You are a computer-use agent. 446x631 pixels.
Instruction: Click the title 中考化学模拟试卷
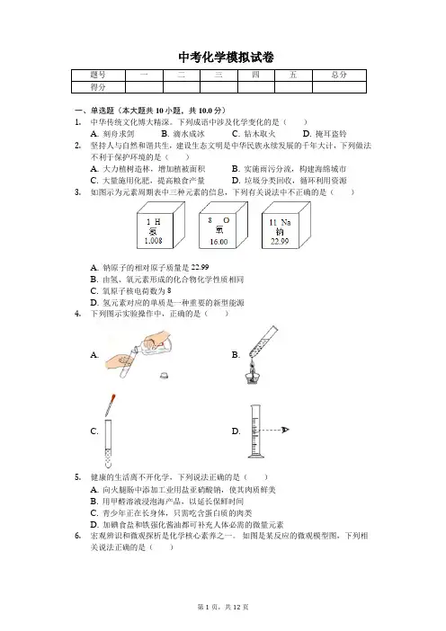[x=226, y=58]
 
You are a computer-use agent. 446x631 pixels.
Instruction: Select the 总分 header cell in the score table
[x=339, y=76]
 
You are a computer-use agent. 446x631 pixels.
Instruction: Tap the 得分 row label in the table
[x=98, y=87]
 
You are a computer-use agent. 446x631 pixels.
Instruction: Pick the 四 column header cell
[x=256, y=76]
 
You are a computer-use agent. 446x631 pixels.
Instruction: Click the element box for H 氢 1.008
[x=161, y=226]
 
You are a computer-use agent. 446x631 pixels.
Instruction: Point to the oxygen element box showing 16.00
[x=223, y=226]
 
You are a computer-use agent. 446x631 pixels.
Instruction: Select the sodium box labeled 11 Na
[x=286, y=226]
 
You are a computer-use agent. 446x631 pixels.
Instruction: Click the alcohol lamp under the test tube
[x=252, y=373]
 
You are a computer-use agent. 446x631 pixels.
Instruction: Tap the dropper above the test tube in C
[x=111, y=405]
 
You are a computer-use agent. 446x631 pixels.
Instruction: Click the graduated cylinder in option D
[x=255, y=431]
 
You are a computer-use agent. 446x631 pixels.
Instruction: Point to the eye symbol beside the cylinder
[x=285, y=430]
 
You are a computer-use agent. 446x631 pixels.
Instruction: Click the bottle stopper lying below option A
[x=164, y=376]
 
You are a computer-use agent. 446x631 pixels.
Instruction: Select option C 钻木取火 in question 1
[x=254, y=134]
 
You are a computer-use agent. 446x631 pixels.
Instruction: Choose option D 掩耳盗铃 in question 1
[x=325, y=134]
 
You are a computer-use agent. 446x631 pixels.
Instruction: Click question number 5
[x=78, y=477]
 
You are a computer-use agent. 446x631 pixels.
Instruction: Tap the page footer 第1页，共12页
[x=223, y=607]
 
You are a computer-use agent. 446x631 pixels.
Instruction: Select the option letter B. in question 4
[x=236, y=355]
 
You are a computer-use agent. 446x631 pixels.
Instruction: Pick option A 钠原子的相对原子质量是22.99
[x=150, y=268]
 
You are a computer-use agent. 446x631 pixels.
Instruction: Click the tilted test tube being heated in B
[x=263, y=342]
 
